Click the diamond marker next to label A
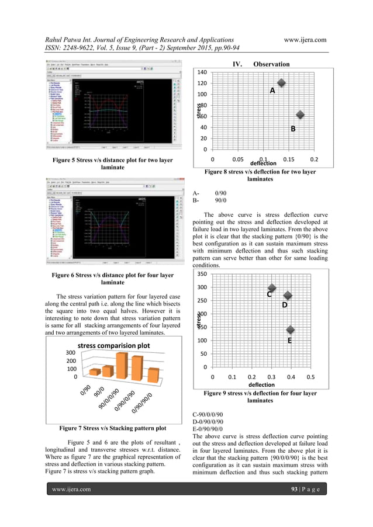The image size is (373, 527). [x=281, y=83]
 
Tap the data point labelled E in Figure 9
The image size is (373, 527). [x=290, y=331]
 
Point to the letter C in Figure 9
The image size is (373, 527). [x=270, y=295]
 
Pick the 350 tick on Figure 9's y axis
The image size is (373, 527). [x=201, y=274]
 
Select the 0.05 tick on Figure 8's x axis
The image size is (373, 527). [x=237, y=159]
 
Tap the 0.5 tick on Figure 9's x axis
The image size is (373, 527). [x=310, y=377]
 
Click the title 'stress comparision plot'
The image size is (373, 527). [x=114, y=345]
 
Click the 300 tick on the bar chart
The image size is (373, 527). [x=70, y=353]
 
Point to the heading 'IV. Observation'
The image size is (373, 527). [x=261, y=64]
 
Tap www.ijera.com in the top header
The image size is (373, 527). [x=305, y=39]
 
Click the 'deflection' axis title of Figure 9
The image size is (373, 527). [x=261, y=385]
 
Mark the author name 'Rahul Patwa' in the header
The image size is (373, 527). [x=64, y=39]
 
